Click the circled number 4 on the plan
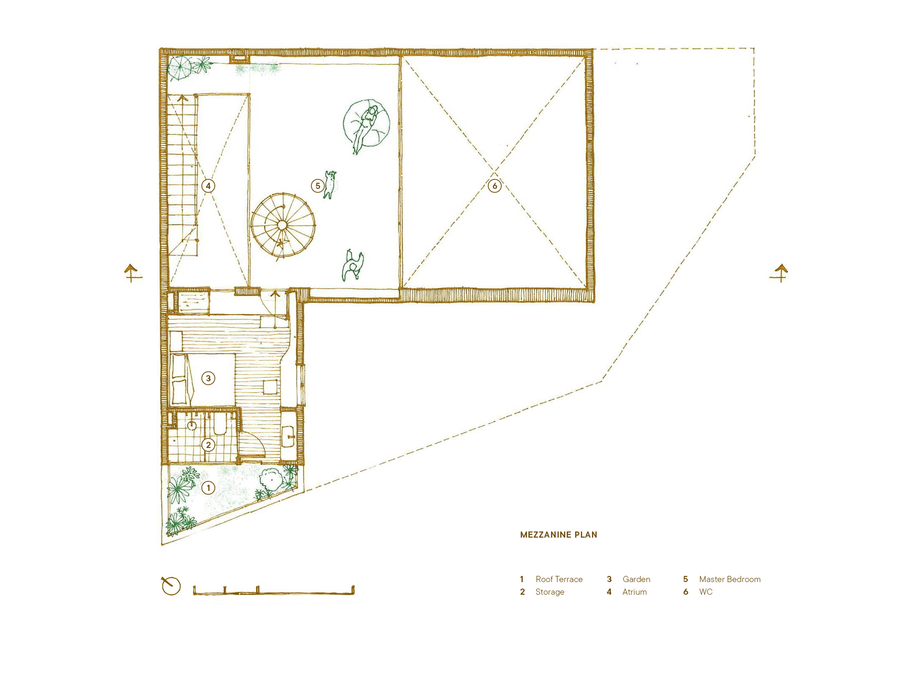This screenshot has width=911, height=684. pos(208,186)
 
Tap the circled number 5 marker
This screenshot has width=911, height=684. pos(318,186)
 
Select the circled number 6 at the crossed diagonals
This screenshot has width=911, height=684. pos(495,186)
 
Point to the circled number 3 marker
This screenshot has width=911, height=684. pos(208,378)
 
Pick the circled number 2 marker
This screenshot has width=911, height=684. pos(208,445)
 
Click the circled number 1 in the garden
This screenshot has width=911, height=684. pos(208,488)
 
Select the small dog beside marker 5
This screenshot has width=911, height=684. pos(330,184)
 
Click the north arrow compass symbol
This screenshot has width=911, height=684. pos(170,586)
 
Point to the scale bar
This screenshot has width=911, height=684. pos(274,590)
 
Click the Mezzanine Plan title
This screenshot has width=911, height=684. pos(558,535)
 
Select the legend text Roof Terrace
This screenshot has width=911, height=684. pos(559,579)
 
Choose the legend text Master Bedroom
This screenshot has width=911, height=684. pos(730,579)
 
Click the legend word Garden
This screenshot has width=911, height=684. pos(636,579)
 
